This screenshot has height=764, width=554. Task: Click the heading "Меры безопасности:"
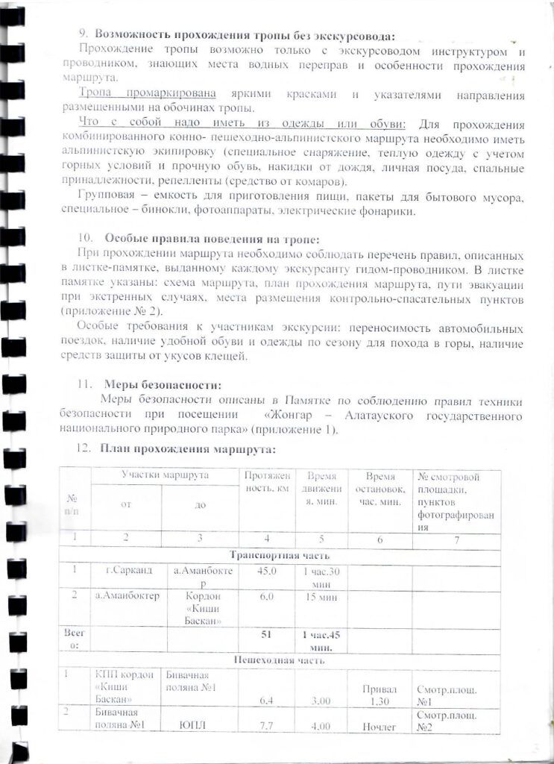pyautogui.click(x=162, y=385)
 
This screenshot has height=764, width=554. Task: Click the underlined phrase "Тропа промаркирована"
pyautogui.click(x=148, y=95)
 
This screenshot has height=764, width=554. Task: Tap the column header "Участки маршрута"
pyautogui.click(x=165, y=475)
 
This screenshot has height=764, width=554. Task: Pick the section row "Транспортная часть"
pyautogui.click(x=279, y=555)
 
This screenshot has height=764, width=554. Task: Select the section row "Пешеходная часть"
pyautogui.click(x=279, y=660)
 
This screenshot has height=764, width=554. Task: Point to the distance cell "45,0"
pyautogui.click(x=267, y=571)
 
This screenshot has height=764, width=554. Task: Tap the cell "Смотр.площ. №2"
pyautogui.click(x=441, y=720)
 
